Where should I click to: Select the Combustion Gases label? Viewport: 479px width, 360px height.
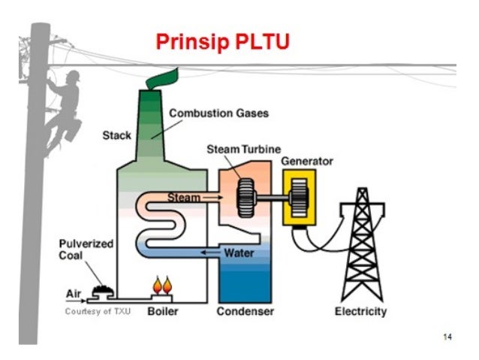click(x=218, y=113)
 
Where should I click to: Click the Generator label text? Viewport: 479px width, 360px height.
click(x=307, y=162)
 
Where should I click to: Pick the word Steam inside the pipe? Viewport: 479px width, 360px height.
click(x=182, y=198)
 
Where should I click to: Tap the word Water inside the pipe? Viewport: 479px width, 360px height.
click(x=238, y=253)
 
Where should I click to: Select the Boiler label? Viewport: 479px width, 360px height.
click(x=162, y=311)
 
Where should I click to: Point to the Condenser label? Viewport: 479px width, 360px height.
click(x=246, y=311)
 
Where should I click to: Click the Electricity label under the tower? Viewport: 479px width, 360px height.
click(x=360, y=311)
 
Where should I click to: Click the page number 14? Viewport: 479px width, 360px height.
click(x=447, y=337)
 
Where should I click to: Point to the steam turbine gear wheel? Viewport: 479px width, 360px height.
click(x=246, y=198)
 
